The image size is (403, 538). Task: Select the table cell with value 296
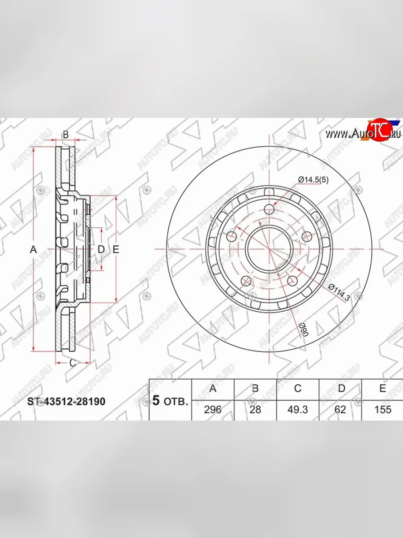(x=213, y=409)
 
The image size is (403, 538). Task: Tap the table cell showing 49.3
(x=297, y=409)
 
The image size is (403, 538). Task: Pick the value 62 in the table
(x=341, y=409)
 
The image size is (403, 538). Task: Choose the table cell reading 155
(x=382, y=409)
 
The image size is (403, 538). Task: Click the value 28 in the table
(x=255, y=409)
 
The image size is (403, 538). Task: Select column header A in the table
(x=213, y=388)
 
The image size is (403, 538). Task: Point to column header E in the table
(x=382, y=388)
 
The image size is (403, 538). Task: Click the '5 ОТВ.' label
(x=170, y=400)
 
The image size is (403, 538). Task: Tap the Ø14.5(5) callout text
(x=313, y=180)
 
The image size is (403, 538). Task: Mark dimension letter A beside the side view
(x=33, y=250)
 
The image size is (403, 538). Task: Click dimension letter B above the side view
(x=65, y=134)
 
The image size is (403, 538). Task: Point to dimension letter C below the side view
(x=73, y=363)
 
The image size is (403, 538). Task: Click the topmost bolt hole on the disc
(x=269, y=209)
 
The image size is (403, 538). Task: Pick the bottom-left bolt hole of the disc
(x=246, y=281)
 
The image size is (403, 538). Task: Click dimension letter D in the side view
(x=101, y=249)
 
